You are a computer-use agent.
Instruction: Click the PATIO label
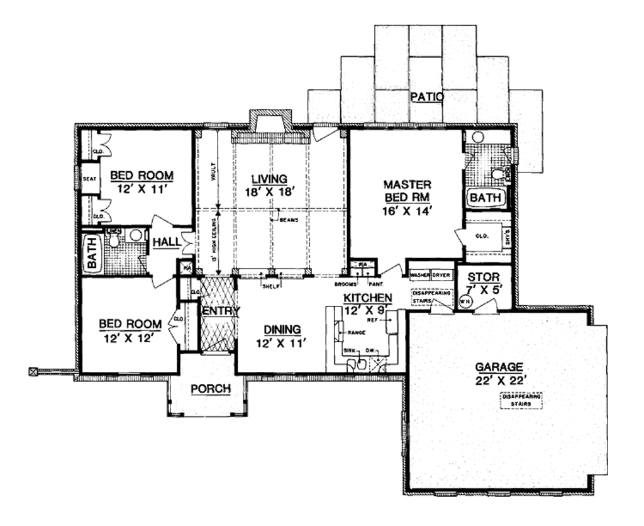click(x=427, y=98)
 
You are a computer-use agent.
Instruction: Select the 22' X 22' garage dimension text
click(x=501, y=379)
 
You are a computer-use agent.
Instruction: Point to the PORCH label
click(x=211, y=389)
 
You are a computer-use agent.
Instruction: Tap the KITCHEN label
click(x=368, y=297)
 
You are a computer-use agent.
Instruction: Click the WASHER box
click(x=419, y=276)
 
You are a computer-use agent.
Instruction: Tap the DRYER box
click(x=442, y=276)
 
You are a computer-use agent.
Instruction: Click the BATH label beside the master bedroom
click(x=486, y=198)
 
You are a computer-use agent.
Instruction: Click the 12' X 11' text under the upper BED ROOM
click(x=142, y=187)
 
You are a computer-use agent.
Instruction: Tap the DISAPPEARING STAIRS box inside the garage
click(x=521, y=400)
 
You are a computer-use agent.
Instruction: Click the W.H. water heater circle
click(x=465, y=301)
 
